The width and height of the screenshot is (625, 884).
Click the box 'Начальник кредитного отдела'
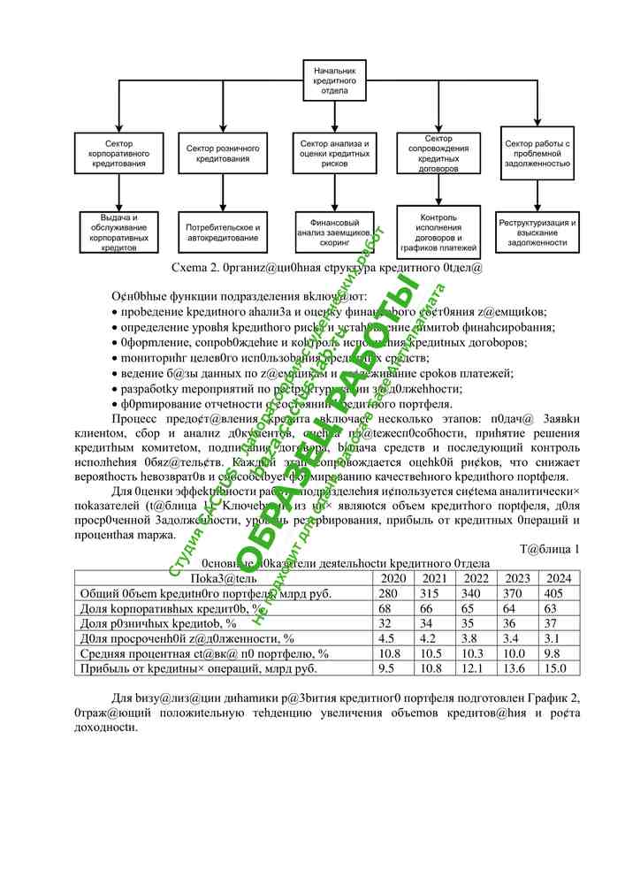332,80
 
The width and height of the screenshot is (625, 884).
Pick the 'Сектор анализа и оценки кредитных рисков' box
334,153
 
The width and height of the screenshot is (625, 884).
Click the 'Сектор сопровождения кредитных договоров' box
438,153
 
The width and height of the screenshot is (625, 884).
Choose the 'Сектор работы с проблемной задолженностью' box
538,153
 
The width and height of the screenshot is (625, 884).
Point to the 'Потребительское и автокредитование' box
223,232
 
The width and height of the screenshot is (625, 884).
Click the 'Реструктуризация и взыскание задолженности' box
538,230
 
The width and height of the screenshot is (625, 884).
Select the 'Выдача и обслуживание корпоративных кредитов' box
118,232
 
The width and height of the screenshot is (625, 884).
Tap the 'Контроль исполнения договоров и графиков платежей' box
438,230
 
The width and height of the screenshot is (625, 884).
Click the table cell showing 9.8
554,652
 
